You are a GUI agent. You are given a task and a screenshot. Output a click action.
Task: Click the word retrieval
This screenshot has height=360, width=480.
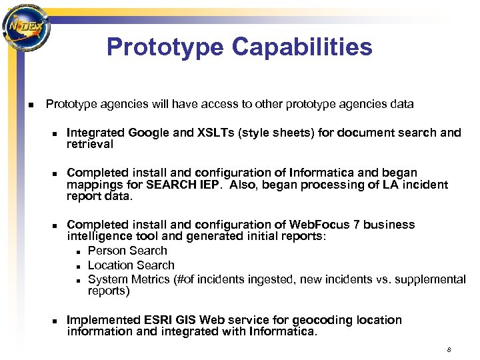90,144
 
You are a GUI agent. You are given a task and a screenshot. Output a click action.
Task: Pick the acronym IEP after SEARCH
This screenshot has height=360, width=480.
207,185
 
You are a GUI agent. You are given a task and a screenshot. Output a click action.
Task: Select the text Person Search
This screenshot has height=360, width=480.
127,251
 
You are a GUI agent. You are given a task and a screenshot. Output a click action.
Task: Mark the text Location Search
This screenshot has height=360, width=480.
131,265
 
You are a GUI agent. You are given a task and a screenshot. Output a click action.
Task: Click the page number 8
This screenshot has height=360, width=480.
449,349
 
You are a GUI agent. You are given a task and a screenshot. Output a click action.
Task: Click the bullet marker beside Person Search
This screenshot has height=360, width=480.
79,251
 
